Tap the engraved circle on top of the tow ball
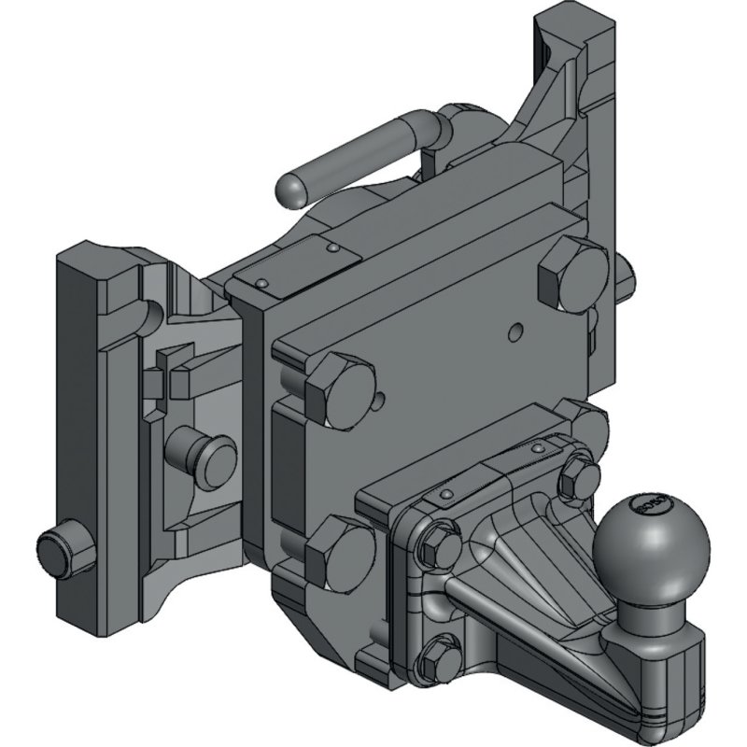648,504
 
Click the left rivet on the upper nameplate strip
264,283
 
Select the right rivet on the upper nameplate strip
332,249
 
